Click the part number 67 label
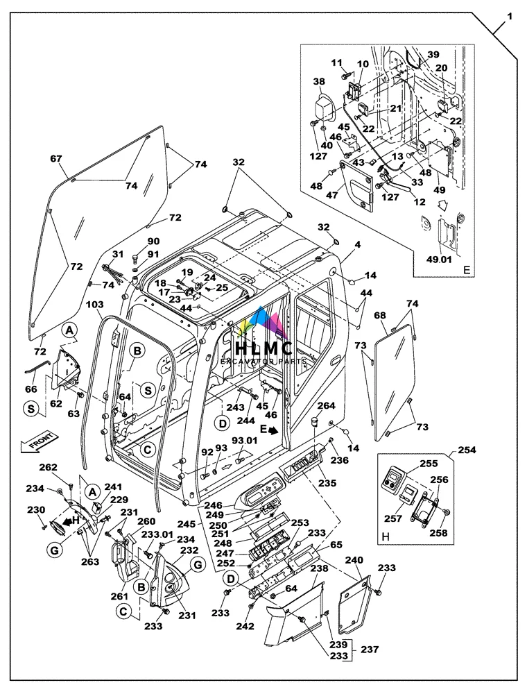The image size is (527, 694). [55, 158]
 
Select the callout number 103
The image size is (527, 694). [94, 304]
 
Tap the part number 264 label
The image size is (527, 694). [326, 406]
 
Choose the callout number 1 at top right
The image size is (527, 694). [510, 15]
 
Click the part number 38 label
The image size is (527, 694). [319, 81]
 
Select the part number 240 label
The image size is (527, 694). [354, 560]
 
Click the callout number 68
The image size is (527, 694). [379, 316]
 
